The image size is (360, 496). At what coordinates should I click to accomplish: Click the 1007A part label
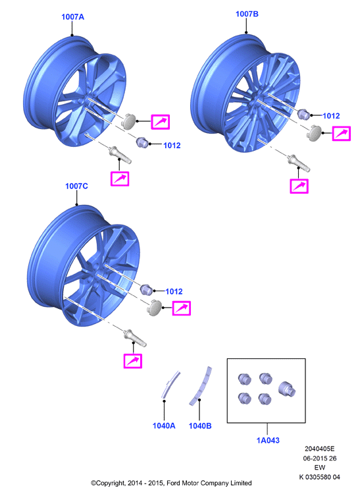click(72, 16)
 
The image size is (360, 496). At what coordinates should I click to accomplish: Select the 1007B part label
click(247, 14)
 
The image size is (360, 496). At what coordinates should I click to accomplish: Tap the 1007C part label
click(76, 186)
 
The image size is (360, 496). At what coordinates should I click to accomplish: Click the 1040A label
click(164, 426)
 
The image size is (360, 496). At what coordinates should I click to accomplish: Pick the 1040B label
click(200, 426)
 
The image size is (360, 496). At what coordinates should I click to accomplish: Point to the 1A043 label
click(268, 440)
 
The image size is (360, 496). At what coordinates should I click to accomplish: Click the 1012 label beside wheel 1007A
click(172, 145)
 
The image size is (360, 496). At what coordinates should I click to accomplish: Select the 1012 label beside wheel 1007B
click(331, 116)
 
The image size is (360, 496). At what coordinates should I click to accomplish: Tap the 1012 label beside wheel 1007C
click(174, 291)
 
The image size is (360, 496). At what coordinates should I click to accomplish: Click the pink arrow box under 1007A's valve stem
click(120, 179)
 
